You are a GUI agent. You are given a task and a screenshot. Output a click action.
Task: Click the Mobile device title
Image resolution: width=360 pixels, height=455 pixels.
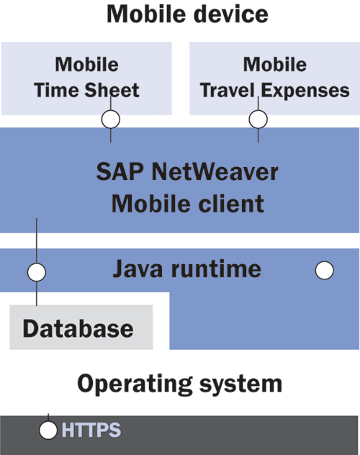pos(187,14)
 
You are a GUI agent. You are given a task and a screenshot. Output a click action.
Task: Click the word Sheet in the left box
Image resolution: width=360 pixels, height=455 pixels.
pos(112,90)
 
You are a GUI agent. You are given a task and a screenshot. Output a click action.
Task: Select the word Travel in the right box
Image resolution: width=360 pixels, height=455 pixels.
pos(227,90)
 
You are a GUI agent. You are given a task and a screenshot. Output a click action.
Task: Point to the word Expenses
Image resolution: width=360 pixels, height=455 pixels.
pos(305,91)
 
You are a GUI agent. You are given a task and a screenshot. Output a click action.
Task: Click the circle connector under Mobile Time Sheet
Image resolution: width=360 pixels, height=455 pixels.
pos(111,120)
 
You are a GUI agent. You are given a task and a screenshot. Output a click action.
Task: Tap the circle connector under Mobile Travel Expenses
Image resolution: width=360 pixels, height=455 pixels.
pos(258,120)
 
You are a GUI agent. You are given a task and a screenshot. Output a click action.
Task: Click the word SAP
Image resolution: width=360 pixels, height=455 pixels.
pos(120,172)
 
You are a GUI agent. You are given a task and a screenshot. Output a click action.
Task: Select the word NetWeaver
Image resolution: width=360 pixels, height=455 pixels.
pos(215,172)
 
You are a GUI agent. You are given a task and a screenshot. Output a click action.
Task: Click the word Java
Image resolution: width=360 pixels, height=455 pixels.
pos(138,269)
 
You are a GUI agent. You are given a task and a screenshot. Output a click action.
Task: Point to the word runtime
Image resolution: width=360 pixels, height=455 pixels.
pos(216,269)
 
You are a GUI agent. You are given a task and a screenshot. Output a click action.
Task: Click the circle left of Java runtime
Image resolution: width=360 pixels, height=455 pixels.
pos(37,272)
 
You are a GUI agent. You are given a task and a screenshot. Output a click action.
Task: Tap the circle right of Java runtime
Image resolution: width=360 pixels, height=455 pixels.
pos(324,271)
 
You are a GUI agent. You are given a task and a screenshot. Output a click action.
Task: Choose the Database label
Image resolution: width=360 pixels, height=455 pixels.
pos(78,328)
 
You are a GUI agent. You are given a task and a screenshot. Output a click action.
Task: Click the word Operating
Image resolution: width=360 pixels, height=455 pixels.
pos(135,384)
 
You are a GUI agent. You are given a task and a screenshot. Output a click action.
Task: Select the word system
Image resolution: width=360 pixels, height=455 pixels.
pos(241,384)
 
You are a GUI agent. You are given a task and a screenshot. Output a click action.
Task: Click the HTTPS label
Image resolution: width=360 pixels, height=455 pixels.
pos(91,430)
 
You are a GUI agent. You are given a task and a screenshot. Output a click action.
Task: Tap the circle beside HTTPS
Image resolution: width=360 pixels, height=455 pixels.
pos(48,430)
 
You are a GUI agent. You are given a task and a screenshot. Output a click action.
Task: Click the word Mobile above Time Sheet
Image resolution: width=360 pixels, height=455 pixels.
pos(86,64)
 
